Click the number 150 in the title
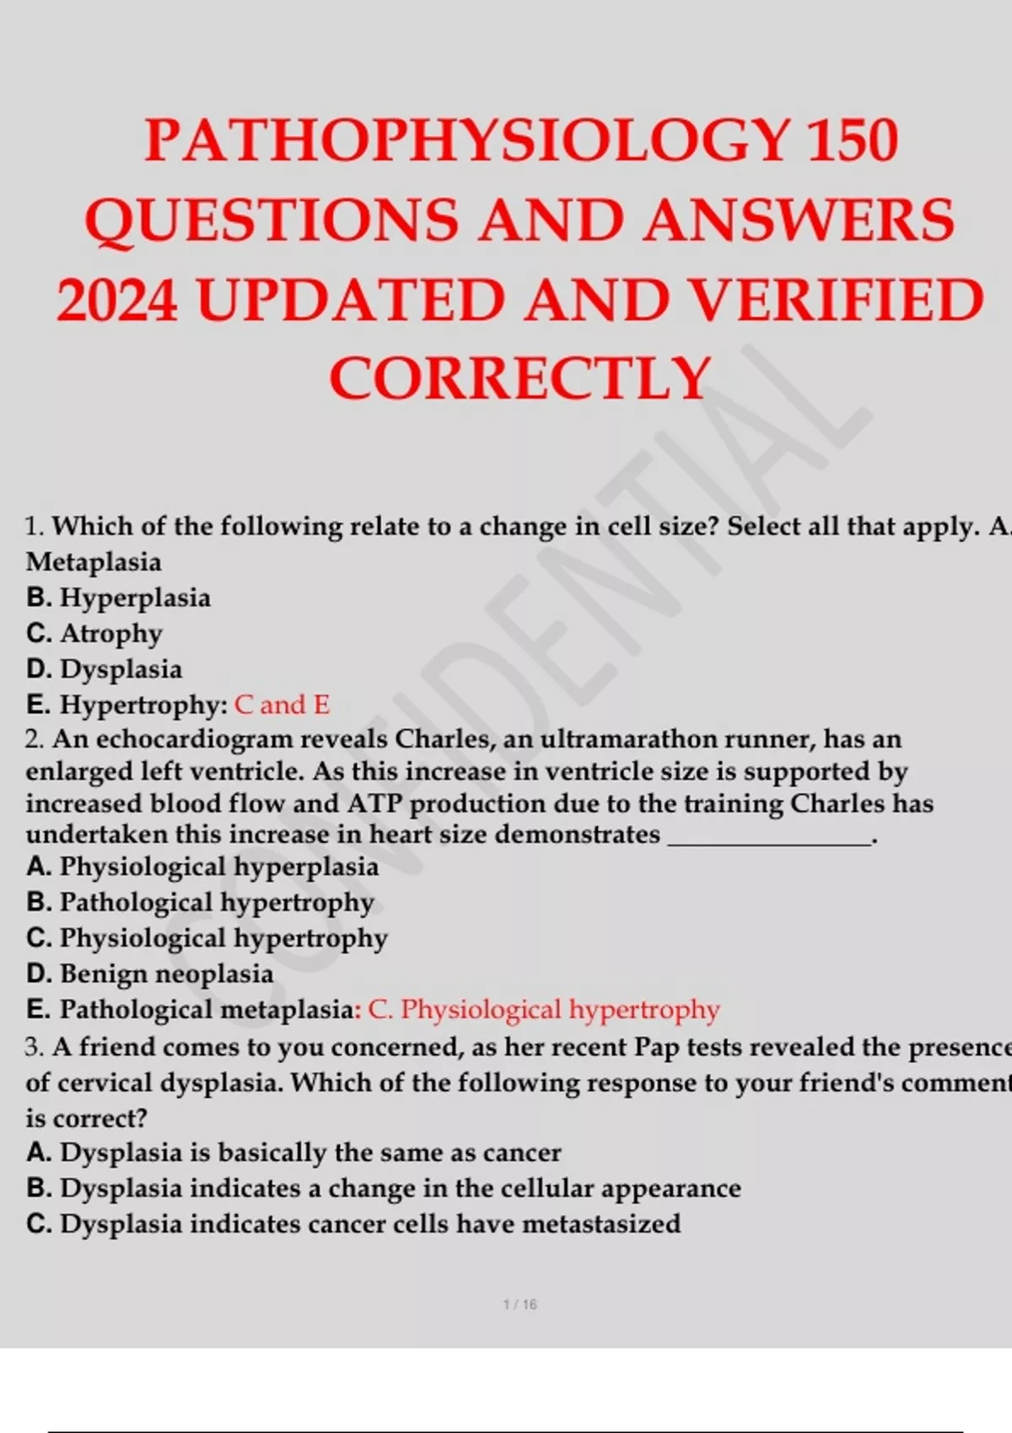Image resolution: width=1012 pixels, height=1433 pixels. pos(852,140)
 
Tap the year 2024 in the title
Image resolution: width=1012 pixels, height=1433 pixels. pos(117,301)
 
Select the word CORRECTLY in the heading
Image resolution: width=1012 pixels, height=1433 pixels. pos(519,378)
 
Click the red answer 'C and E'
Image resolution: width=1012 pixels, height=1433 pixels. pos(282,705)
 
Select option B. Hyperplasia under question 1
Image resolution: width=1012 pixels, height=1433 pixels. pos(119,598)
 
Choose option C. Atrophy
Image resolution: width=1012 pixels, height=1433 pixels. pos(94,633)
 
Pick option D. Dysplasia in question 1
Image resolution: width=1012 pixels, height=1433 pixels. pos(105,669)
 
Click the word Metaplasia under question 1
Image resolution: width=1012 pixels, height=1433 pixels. pos(94,561)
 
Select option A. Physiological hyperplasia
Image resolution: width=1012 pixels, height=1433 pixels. pos(202,867)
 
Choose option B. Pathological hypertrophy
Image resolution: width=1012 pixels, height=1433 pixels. pos(200,902)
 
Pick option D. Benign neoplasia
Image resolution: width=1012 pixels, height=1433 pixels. pos(150,974)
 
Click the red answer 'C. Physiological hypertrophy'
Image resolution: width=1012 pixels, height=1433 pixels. pos(544,1010)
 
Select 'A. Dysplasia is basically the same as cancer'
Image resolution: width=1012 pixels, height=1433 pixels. pos(293,1152)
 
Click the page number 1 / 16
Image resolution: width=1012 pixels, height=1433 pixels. pos(519,1305)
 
